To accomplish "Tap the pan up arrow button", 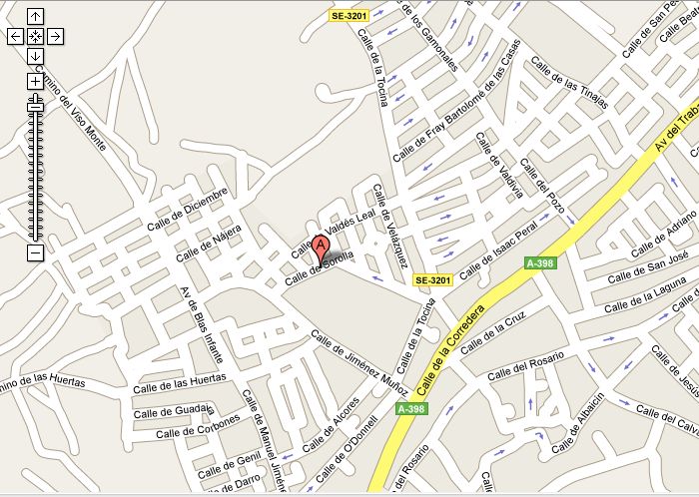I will coord(35,16).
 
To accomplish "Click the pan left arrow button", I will coord(15,36).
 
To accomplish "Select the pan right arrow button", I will coord(56,36).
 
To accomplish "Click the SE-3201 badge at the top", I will coord(350,15).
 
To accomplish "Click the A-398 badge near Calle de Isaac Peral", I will coord(540,263).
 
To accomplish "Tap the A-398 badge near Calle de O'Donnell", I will coord(410,409).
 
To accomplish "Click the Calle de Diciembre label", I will coord(187,206).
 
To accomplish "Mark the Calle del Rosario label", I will coord(526,364).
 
